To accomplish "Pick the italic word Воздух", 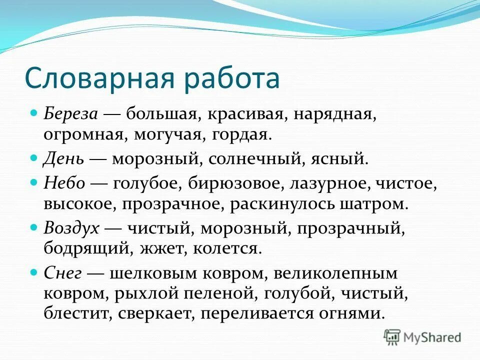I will [72, 228].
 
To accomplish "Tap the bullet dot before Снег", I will [34, 272].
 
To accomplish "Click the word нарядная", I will [334, 114].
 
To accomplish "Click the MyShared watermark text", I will [432, 337].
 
